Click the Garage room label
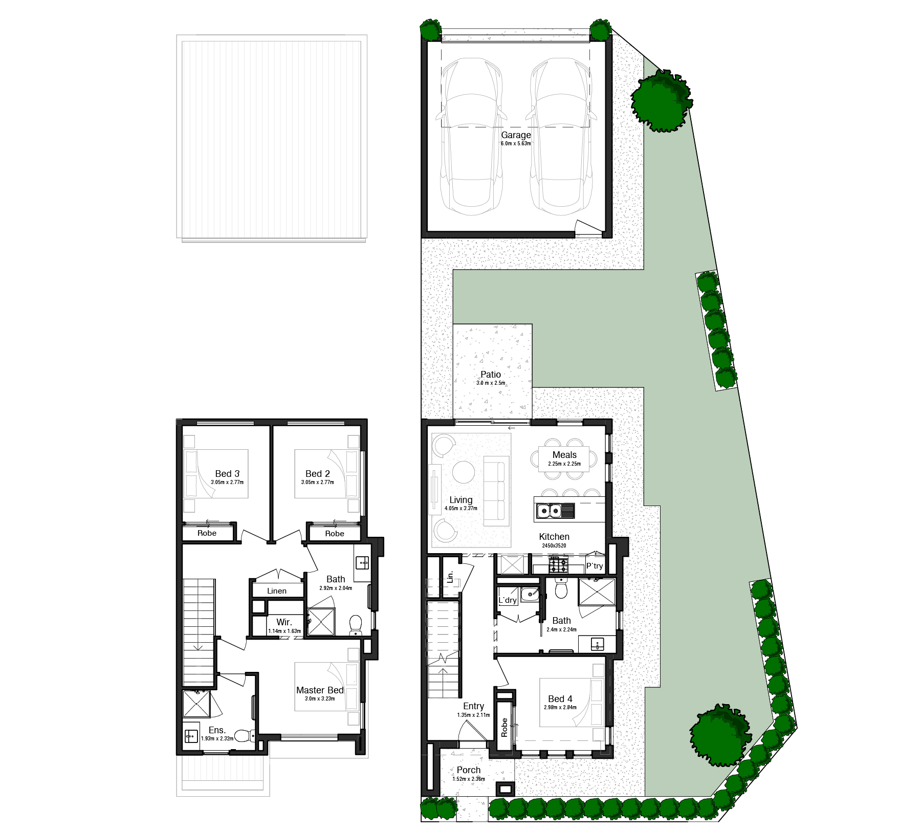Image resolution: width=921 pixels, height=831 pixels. pos(516,135)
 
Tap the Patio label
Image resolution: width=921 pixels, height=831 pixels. pos(491,375)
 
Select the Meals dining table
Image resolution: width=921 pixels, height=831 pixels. pos(564,458)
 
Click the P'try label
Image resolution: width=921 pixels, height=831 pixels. pos(595,566)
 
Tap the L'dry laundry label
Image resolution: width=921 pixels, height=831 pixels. pos(508,600)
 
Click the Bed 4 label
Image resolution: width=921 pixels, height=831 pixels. pos(560,699)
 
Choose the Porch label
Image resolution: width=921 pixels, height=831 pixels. pos(469,770)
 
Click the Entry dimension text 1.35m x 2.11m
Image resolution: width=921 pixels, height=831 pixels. pos(474,715)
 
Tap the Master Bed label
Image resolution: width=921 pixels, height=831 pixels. pos(320,690)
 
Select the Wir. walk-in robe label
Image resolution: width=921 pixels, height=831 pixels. pos(284,622)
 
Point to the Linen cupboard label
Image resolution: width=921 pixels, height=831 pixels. pos(277,591)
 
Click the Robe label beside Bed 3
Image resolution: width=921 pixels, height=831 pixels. pos(207,533)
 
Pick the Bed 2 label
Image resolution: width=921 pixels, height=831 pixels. pos(318,474)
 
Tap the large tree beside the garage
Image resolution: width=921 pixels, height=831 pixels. pos(661,101)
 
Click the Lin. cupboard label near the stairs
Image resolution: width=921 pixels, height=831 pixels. pos(450,577)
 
